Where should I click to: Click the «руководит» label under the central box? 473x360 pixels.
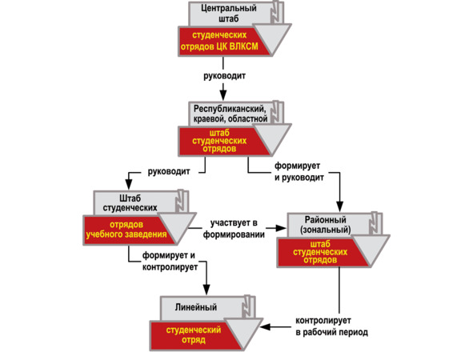pyautogui.click(x=224, y=76)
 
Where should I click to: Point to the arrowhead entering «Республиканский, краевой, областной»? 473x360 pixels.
pyautogui.click(x=223, y=95)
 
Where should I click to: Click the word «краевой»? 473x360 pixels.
pyautogui.click(x=209, y=119)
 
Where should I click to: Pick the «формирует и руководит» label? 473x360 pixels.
pyautogui.click(x=299, y=171)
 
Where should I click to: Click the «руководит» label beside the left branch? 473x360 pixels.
pyautogui.click(x=169, y=171)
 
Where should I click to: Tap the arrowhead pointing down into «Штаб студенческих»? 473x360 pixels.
pyautogui.click(x=129, y=184)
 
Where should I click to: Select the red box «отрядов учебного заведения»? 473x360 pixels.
pyautogui.click(x=126, y=230)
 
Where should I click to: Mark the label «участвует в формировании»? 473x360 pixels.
pyautogui.click(x=234, y=229)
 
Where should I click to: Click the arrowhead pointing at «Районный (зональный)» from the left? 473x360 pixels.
pyautogui.click(x=281, y=228)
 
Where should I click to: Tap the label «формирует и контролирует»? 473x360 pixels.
pyautogui.click(x=170, y=262)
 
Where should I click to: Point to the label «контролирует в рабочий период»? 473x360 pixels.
pyautogui.click(x=331, y=326)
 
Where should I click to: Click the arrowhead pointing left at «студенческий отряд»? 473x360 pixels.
pyautogui.click(x=266, y=327)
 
